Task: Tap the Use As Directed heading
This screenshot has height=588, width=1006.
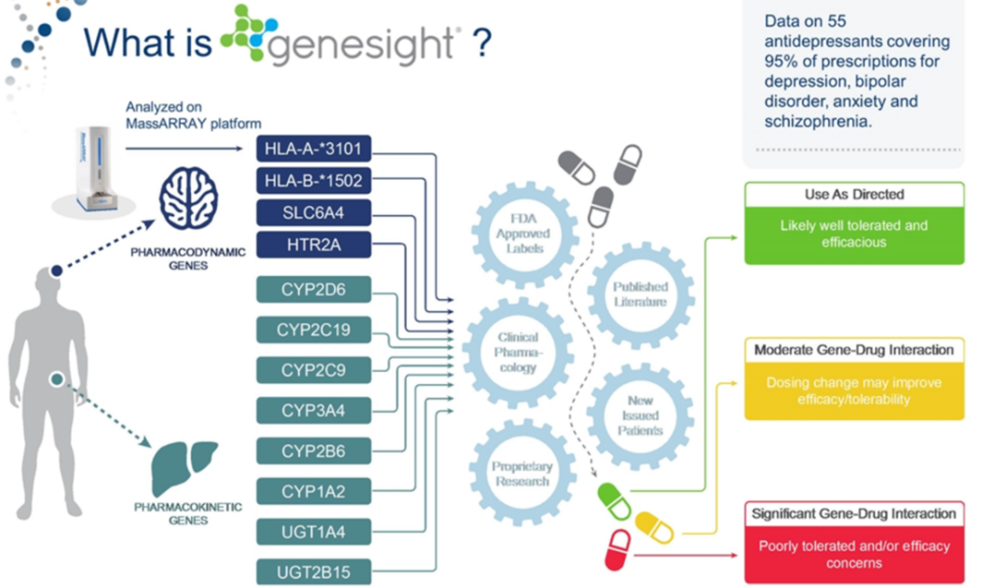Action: click(853, 195)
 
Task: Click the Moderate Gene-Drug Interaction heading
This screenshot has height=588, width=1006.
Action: click(853, 350)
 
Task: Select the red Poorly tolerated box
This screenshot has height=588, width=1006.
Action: click(853, 554)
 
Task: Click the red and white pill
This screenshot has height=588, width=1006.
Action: click(618, 549)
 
